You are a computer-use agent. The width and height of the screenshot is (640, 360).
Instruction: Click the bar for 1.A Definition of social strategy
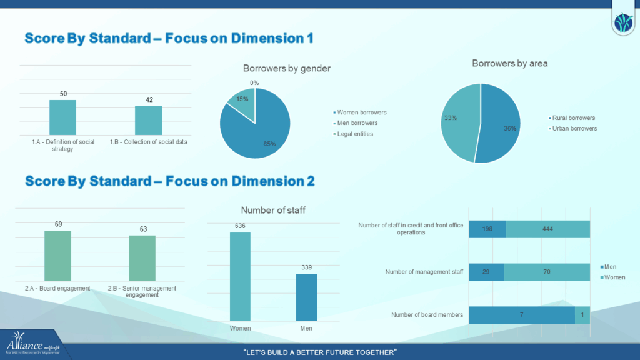click(62, 117)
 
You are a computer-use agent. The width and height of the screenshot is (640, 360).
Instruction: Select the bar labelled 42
click(148, 120)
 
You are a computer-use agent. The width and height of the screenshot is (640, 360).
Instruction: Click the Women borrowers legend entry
click(361, 112)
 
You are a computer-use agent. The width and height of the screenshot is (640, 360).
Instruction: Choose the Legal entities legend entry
click(356, 134)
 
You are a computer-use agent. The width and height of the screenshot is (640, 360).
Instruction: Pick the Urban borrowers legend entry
click(573, 128)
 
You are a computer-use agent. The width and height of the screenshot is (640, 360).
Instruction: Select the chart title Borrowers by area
click(509, 63)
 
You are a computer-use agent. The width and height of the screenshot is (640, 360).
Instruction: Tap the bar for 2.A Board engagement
click(57, 256)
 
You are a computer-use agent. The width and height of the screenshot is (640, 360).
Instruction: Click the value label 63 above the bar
click(143, 229)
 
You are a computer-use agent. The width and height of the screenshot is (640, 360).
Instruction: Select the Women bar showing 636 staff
click(240, 277)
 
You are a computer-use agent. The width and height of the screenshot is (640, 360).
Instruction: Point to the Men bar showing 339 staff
click(306, 298)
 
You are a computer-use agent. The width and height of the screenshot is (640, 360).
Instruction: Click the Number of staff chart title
click(273, 211)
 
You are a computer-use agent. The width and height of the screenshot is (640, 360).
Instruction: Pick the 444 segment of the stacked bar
click(547, 229)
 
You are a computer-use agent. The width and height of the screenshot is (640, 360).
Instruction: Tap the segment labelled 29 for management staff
click(486, 272)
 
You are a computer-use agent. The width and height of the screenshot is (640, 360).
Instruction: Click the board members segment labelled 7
click(521, 315)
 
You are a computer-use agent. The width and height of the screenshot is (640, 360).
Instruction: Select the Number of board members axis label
click(427, 315)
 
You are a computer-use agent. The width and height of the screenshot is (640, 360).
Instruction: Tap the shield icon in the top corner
click(623, 23)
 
